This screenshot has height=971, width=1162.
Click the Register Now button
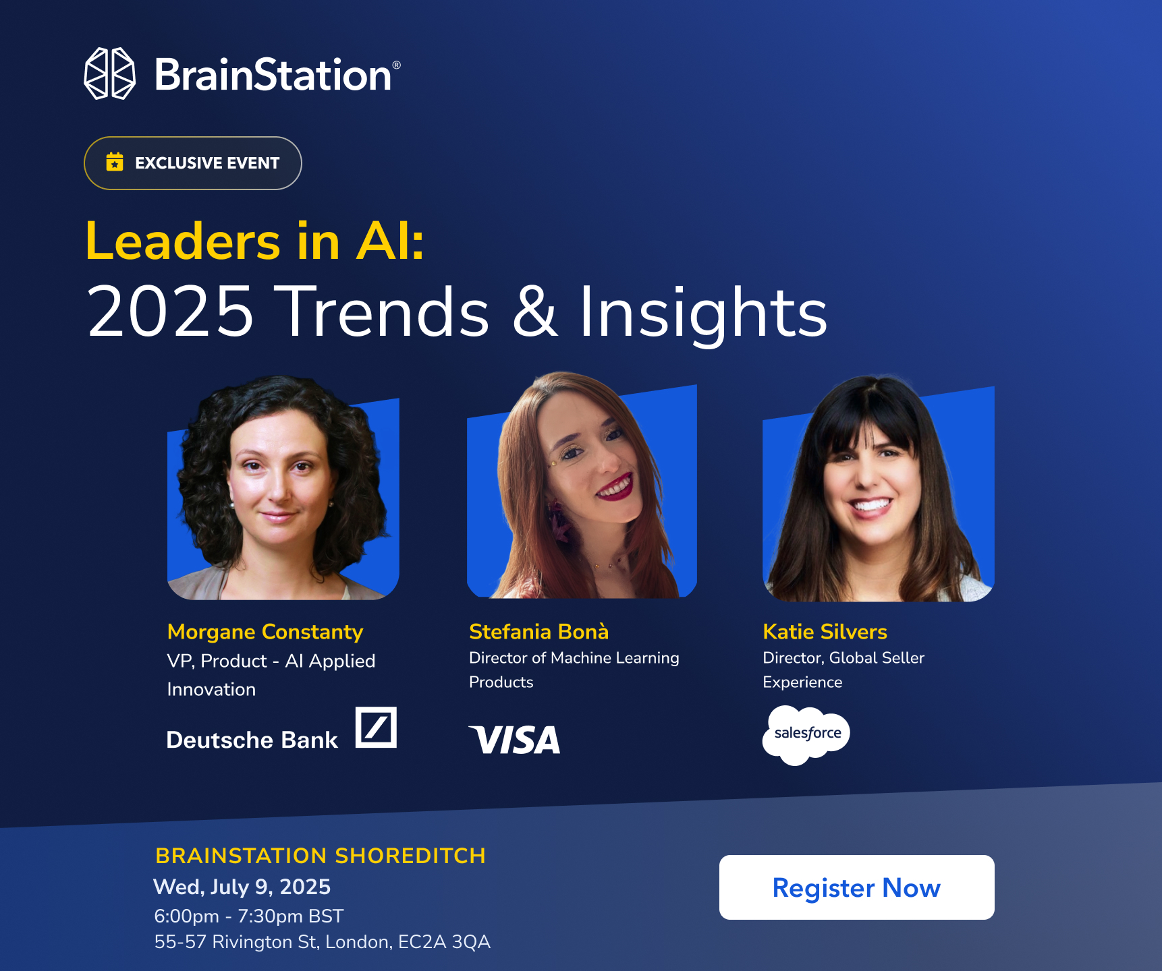pos(856,887)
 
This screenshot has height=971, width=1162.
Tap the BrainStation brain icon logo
pos(109,73)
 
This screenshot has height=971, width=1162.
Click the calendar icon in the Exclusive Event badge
pos(115,162)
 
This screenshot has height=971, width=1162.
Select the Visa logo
pos(515,740)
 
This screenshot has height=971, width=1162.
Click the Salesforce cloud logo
pos(806,735)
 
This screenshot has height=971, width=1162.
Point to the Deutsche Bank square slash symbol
pos(376,727)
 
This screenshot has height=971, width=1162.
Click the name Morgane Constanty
pos(265,632)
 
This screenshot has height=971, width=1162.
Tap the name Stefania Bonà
pos(539,631)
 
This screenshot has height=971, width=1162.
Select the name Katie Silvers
pos(825,631)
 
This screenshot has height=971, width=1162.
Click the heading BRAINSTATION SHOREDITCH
pos(321,856)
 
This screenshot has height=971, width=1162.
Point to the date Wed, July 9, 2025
pos(242,887)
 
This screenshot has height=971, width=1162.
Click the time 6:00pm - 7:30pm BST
pos(249,916)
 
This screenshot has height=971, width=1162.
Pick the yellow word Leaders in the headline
pos(183,241)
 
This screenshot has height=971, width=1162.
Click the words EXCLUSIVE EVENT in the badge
pos(207,163)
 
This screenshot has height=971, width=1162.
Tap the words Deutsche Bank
pos(252,740)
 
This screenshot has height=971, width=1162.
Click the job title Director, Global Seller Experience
pos(843,670)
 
